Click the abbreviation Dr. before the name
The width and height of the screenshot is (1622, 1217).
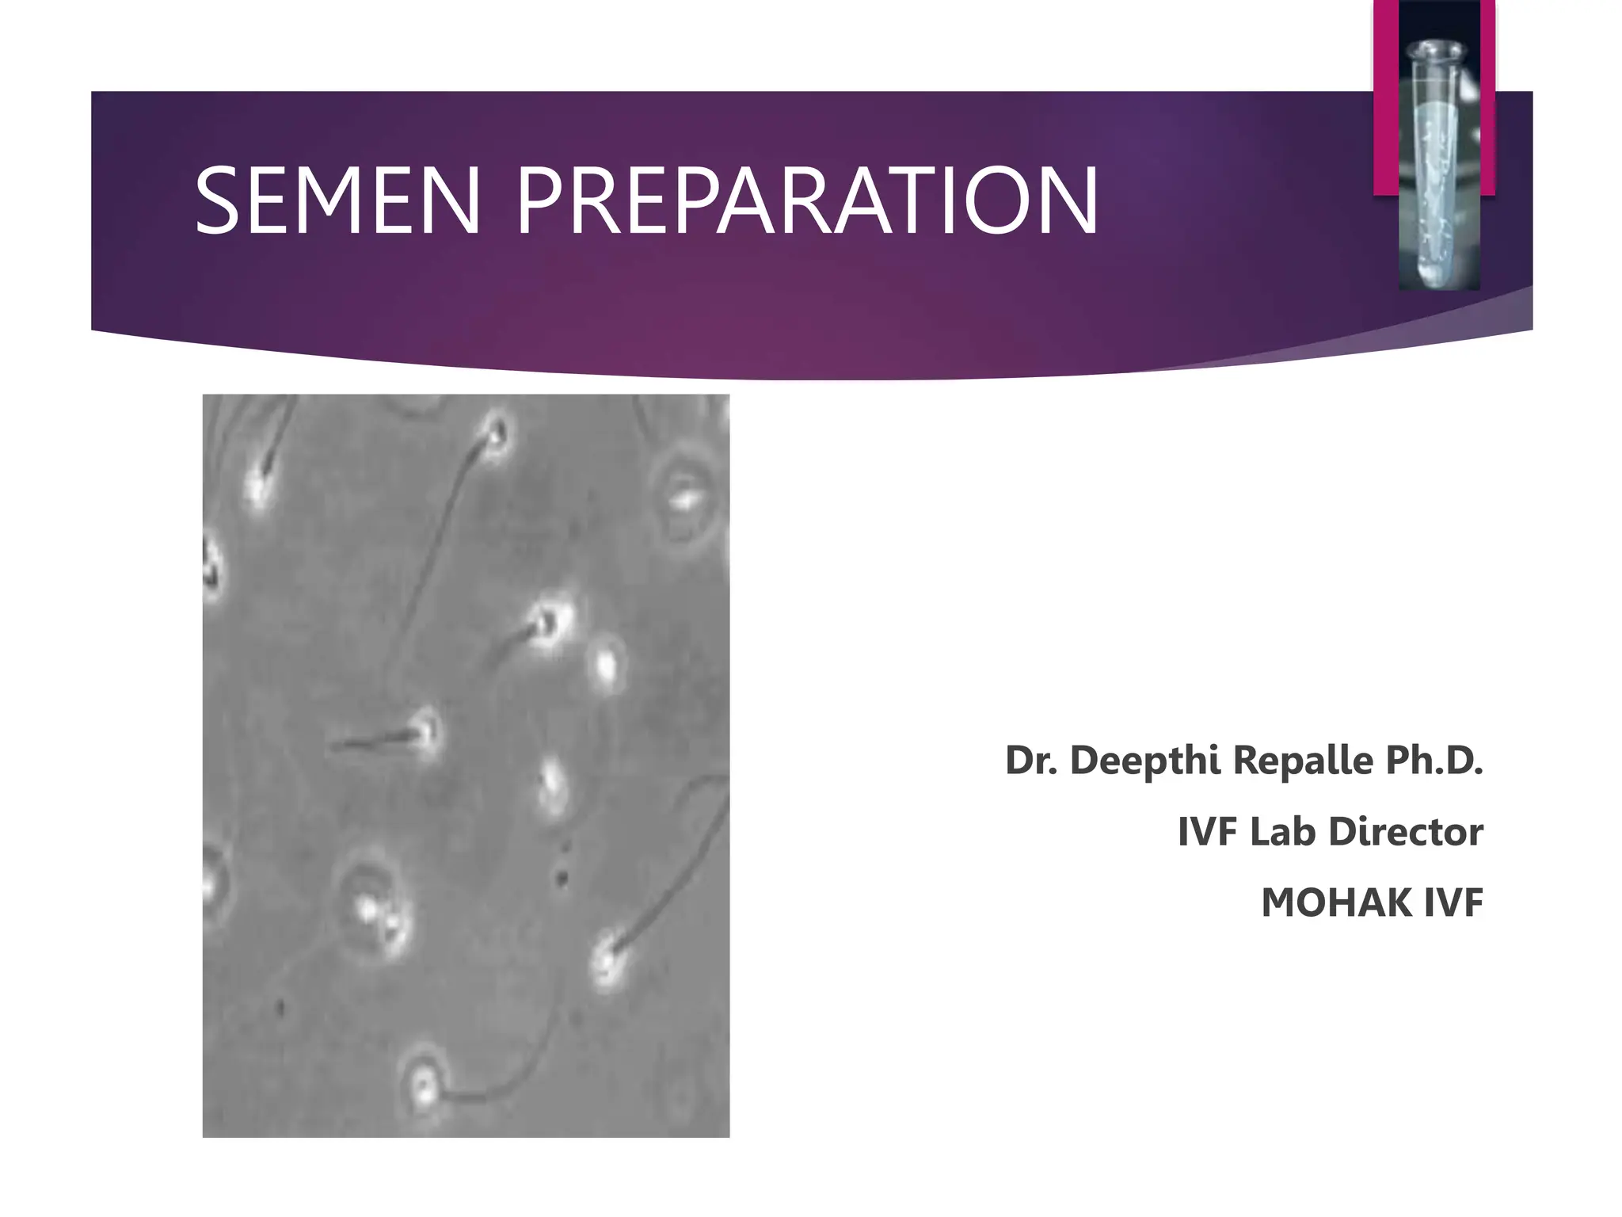[x=1031, y=761]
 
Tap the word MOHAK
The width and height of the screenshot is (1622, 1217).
[x=1338, y=903]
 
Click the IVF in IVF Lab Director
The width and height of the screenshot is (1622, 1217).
[x=1208, y=832]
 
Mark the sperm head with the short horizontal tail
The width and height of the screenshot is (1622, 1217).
[x=426, y=732]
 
